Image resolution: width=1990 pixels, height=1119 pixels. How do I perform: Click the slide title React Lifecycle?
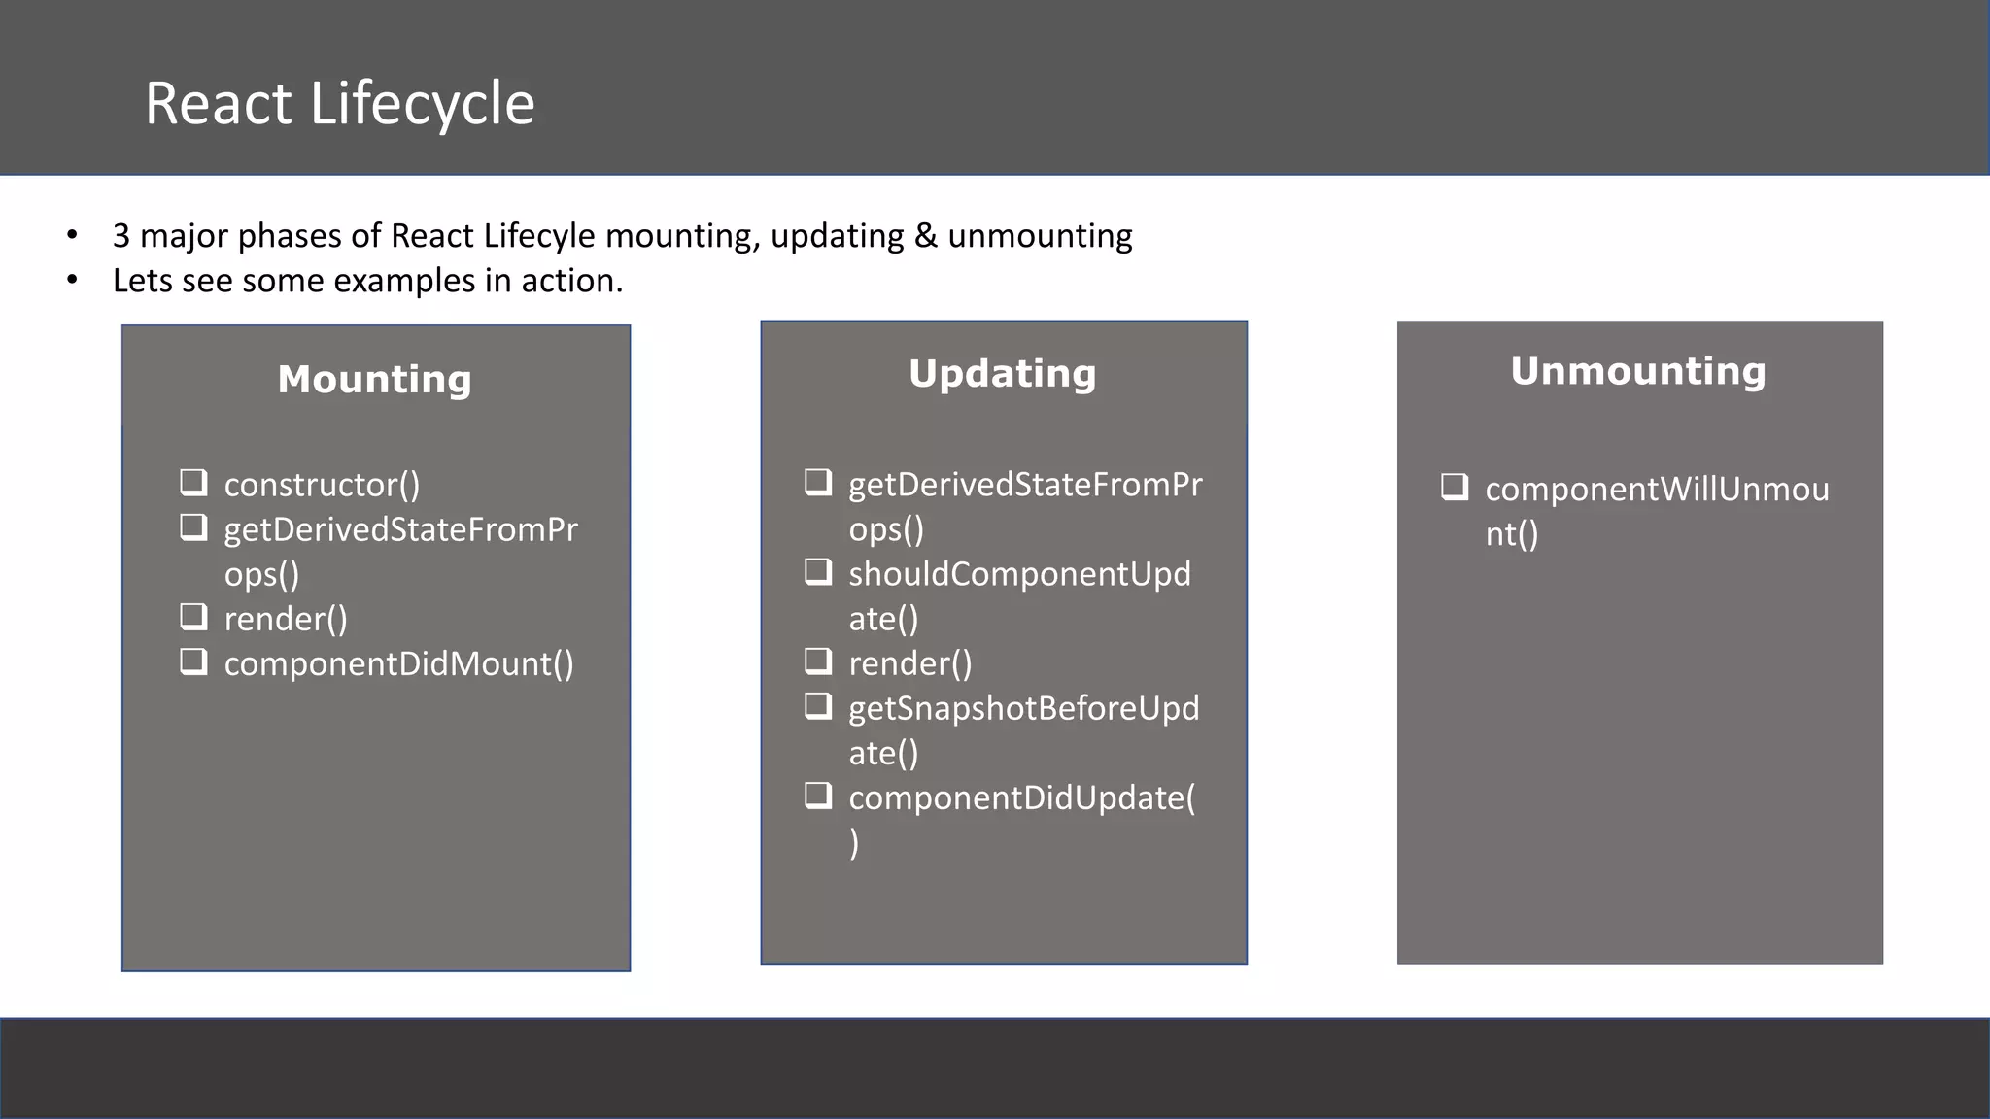[339, 103]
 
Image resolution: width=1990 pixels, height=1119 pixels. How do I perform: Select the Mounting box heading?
[374, 379]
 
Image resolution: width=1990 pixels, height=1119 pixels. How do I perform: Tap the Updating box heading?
[1002, 373]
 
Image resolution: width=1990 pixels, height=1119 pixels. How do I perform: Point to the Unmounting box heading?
[1637, 370]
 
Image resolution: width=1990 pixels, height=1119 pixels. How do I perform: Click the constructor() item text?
[322, 484]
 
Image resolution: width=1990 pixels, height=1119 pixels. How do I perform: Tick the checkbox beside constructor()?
[193, 482]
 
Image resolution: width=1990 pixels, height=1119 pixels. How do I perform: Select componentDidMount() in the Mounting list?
[398, 663]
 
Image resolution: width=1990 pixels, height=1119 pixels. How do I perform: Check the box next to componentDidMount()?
[193, 661]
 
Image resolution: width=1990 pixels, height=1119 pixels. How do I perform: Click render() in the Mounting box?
[286, 619]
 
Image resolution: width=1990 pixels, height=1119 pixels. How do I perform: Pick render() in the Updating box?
[909, 663]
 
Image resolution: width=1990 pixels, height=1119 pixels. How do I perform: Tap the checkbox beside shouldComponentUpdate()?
[818, 571]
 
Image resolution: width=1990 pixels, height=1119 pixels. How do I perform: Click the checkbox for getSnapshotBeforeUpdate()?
[818, 705]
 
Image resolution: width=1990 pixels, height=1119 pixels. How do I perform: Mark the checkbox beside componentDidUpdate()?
[818, 796]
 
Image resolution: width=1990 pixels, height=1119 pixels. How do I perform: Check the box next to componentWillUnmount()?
[1455, 487]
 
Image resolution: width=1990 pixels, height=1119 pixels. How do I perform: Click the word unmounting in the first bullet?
[1040, 236]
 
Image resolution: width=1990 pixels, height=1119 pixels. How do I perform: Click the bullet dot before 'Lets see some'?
[72, 281]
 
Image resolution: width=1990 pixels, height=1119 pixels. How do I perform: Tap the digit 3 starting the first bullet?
[121, 236]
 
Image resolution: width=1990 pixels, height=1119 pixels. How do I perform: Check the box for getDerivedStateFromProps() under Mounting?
[193, 527]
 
